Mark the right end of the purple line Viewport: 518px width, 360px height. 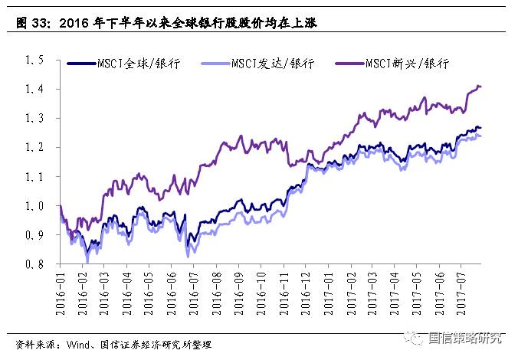pyautogui.click(x=481, y=87)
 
